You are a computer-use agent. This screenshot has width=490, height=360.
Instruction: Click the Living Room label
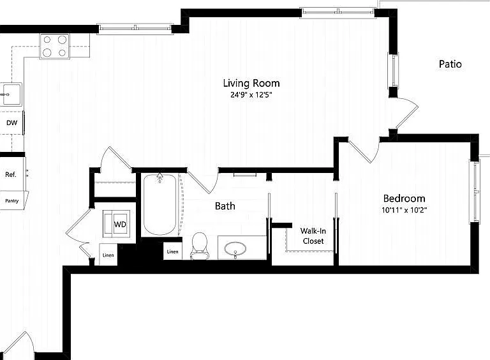(x=251, y=83)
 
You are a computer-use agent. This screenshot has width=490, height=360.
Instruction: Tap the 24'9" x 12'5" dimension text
(x=251, y=94)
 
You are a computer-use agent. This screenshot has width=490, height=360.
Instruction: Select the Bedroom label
(x=404, y=199)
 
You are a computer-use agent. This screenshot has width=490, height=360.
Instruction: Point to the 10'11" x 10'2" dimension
(x=404, y=210)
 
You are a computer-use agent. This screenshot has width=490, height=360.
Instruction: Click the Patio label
(x=450, y=64)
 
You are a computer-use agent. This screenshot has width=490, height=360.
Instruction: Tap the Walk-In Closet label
(x=313, y=236)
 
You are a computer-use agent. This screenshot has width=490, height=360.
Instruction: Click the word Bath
(x=225, y=206)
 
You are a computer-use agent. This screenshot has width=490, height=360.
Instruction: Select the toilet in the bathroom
(x=199, y=246)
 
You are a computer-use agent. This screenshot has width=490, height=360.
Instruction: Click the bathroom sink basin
(x=235, y=249)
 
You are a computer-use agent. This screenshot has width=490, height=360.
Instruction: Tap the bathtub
(x=160, y=205)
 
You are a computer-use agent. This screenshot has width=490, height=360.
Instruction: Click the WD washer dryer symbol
(x=116, y=224)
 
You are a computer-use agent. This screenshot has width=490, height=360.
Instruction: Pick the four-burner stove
(x=55, y=46)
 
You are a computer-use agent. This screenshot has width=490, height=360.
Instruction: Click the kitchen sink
(x=11, y=94)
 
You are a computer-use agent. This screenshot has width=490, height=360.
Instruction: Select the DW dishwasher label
(x=12, y=123)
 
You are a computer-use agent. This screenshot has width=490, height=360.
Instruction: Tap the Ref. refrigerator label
(x=11, y=174)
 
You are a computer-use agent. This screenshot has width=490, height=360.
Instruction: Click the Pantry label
(x=12, y=200)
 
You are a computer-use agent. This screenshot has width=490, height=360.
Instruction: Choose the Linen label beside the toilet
(x=172, y=251)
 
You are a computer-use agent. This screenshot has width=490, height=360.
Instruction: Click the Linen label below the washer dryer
(x=108, y=255)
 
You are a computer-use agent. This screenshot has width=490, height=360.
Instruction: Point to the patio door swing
(x=407, y=112)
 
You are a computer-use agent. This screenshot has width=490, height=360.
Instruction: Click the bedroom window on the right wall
(x=475, y=191)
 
